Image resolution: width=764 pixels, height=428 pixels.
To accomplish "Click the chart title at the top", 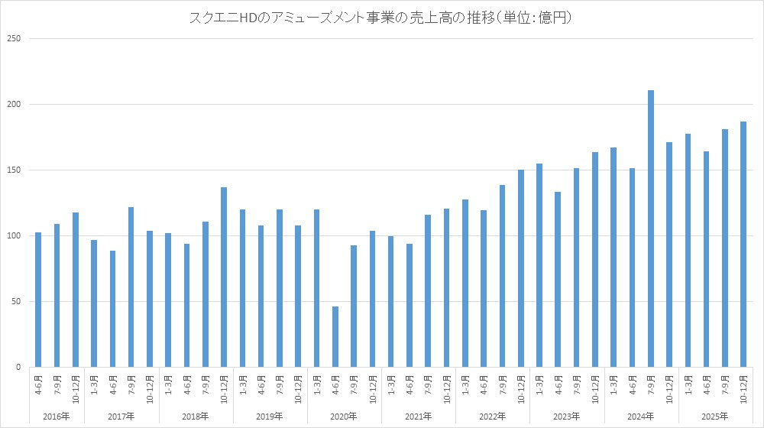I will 381,17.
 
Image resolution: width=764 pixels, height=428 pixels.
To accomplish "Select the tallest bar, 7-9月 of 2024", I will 651,229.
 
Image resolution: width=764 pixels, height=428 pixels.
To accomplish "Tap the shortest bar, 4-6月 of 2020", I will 335,336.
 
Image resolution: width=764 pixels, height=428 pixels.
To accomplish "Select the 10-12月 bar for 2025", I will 743,245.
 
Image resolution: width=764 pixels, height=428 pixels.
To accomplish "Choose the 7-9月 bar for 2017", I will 131,287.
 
